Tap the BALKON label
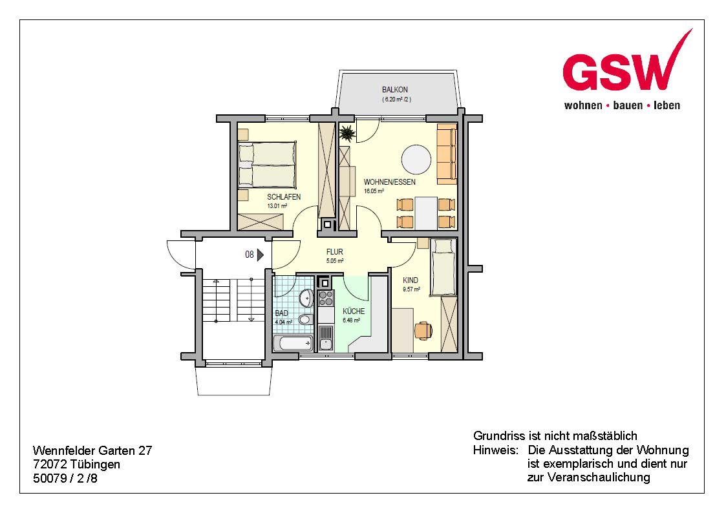tap(395, 90)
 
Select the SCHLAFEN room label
tap(284, 197)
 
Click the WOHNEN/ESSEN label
tap(389, 182)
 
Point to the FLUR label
tap(335, 252)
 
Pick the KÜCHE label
tap(354, 311)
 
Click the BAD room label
tap(281, 313)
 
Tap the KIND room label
tap(411, 280)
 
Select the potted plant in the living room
tap(347, 134)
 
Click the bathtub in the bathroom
tap(293, 343)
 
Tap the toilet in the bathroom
tap(305, 319)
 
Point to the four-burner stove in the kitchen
tap(326, 297)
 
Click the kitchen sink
tap(326, 338)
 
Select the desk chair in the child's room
tap(423, 330)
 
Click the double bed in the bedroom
tap(267, 165)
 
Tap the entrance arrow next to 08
tap(261, 255)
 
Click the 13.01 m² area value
tap(277, 206)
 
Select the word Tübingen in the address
tap(96, 465)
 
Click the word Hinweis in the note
tap(495, 450)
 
